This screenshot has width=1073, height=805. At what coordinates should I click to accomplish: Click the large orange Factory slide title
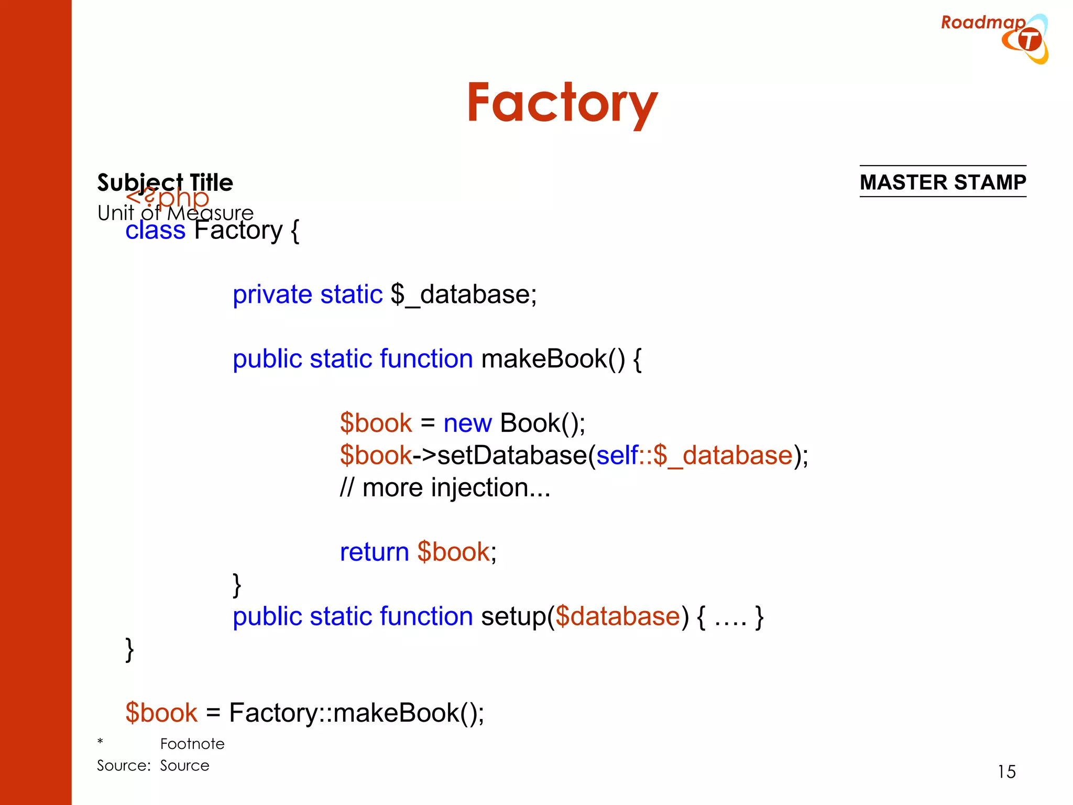point(562,103)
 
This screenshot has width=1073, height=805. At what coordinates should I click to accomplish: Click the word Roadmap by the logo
point(982,23)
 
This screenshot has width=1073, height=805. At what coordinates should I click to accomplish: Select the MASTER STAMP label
point(943,182)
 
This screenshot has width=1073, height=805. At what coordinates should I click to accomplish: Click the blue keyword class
point(155,230)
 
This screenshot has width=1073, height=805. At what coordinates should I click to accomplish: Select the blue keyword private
point(272,295)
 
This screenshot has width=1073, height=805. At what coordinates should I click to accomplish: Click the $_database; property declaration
point(463,295)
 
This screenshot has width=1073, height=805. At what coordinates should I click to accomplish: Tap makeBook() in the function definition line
point(553,359)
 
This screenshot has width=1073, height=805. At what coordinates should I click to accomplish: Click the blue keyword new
point(467,423)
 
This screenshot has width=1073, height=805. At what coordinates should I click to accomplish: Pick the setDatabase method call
point(512,455)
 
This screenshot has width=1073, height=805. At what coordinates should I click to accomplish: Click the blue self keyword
point(617,455)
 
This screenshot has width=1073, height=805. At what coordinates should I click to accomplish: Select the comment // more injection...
point(445,488)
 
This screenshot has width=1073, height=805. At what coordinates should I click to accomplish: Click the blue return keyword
point(374,552)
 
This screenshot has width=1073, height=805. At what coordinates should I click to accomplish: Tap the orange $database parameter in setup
point(617,616)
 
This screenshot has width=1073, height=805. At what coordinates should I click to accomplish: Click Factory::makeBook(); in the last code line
point(356,713)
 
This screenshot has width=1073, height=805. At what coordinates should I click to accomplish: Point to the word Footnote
point(192,744)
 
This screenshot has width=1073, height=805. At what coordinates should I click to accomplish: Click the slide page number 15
point(1006,772)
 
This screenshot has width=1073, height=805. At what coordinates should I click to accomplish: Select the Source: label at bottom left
point(124,766)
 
